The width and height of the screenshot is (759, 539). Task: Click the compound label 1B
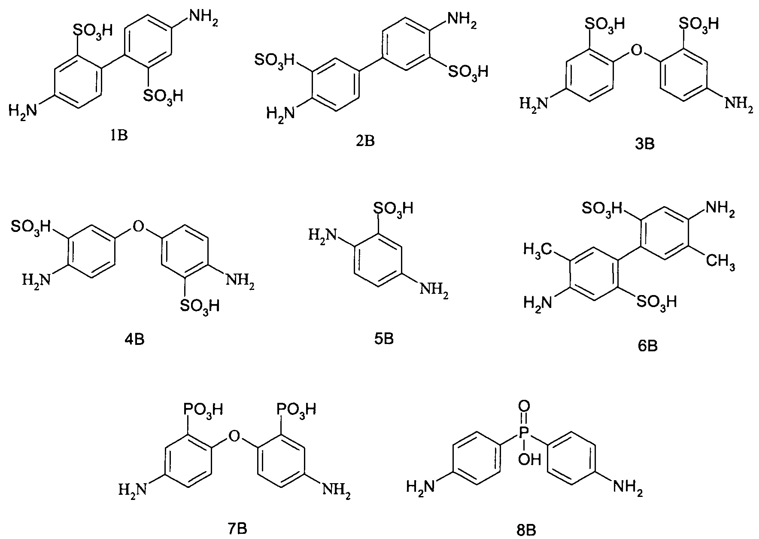(x=119, y=136)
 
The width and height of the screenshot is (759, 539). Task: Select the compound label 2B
(x=365, y=141)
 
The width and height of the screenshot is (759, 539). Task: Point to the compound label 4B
(x=134, y=340)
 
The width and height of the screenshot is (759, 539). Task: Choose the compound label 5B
(x=383, y=339)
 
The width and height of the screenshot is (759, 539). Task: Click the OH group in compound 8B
(x=530, y=461)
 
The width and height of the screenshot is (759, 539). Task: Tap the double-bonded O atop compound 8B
(x=524, y=406)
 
